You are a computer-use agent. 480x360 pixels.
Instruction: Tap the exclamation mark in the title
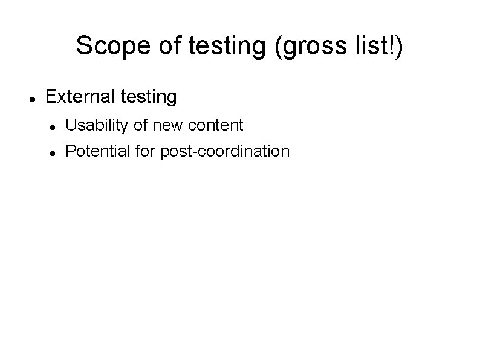coord(392,46)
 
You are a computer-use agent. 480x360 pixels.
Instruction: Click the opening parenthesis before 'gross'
coord(278,47)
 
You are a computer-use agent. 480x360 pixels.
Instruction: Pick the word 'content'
coord(216,126)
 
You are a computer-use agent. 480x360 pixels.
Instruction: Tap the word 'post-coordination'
coord(225,151)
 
